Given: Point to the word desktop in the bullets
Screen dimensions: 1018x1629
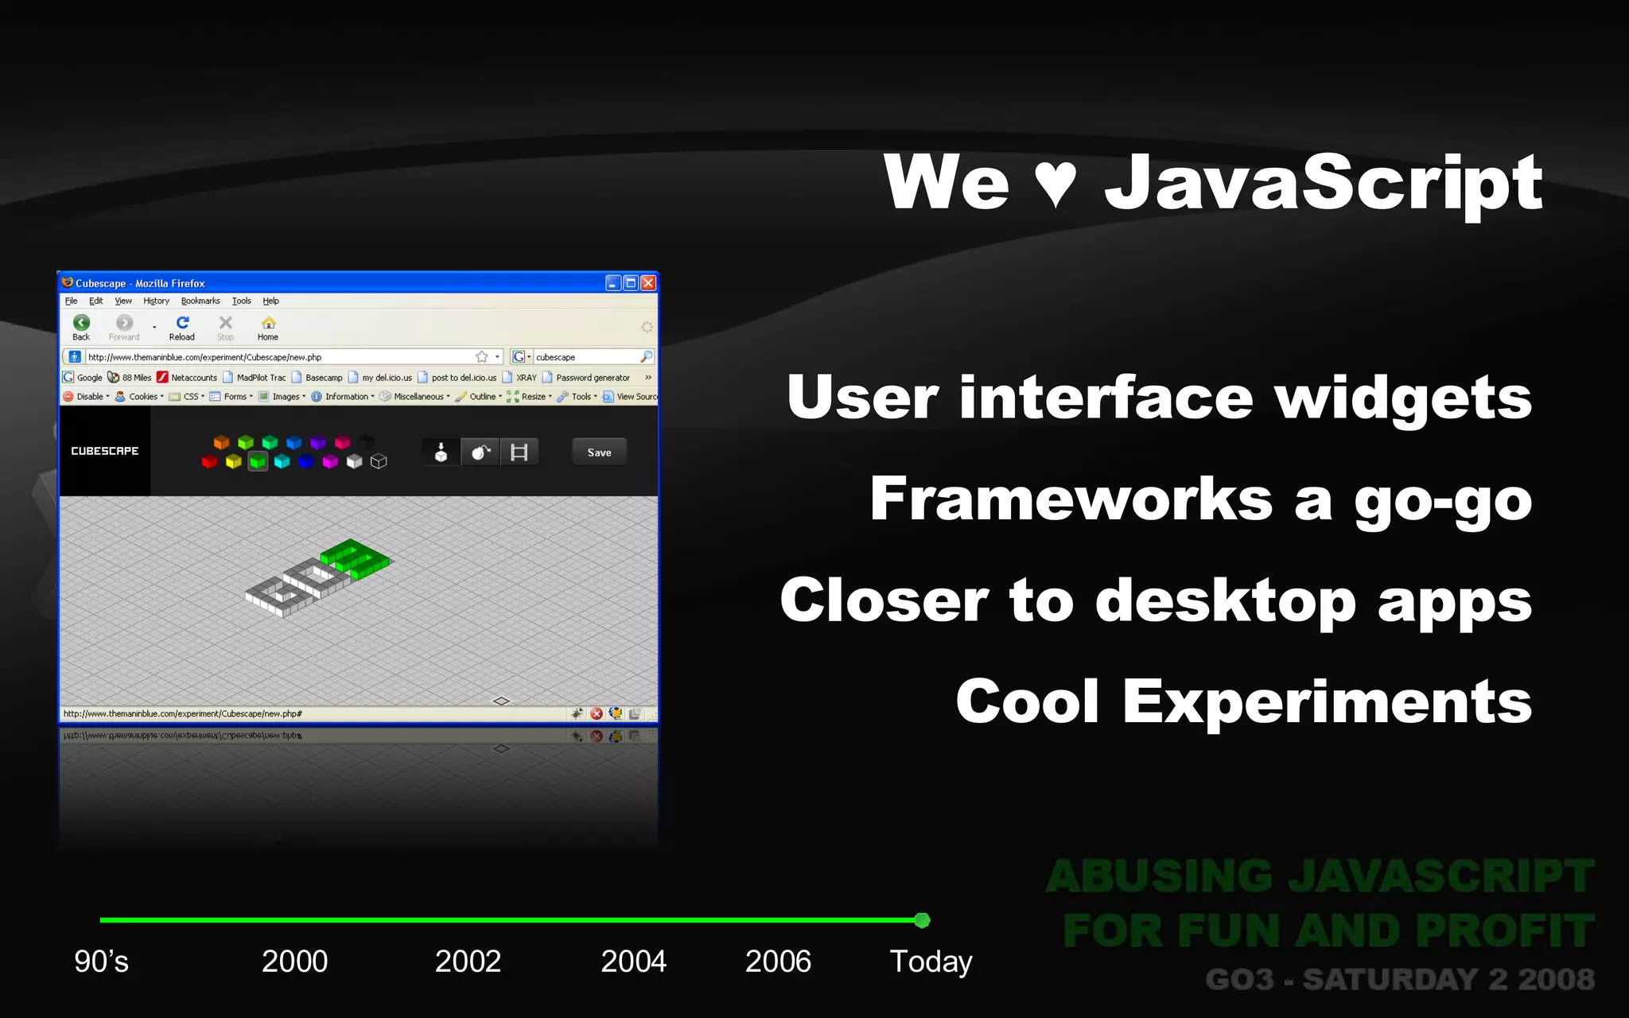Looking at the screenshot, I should click(1225, 601).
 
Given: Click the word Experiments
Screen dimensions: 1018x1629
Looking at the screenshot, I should click(1327, 702).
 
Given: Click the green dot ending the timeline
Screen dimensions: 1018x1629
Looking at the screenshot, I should click(922, 920).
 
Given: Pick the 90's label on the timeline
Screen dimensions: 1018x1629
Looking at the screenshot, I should click(101, 962).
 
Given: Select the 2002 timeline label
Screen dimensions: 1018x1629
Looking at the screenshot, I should click(468, 962).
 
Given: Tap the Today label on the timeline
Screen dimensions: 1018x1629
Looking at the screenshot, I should click(931, 962).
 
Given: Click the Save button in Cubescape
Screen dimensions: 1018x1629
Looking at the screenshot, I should click(599, 453).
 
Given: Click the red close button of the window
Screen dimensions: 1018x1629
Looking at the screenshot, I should click(648, 283).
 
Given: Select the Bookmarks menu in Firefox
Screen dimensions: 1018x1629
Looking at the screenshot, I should click(200, 301).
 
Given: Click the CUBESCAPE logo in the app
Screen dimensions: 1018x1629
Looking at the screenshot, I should click(104, 451).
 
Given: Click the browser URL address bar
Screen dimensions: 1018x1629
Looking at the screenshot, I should click(278, 357).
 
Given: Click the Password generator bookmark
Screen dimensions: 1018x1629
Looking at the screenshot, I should click(593, 378).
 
